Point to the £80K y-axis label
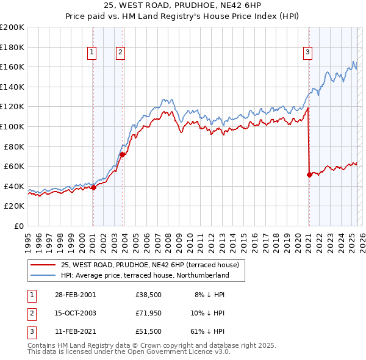14,146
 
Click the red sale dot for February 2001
93,188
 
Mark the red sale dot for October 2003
122,154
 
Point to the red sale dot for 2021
309,175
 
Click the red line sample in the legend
43,265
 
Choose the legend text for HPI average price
145,275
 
